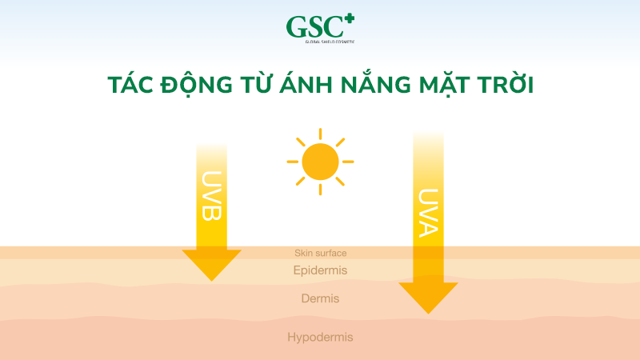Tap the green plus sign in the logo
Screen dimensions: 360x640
pos(348,17)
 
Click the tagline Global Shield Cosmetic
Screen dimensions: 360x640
pos(320,42)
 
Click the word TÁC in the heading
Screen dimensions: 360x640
pos(130,86)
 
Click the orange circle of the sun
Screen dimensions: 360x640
pos(320,162)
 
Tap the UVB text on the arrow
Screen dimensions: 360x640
pos(212,196)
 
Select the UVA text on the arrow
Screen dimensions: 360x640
pos(428,212)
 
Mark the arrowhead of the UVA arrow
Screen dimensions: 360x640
pos(428,297)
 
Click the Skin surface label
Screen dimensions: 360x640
pos(320,253)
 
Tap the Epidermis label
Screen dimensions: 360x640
pos(320,270)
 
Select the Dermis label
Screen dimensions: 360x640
pos(320,298)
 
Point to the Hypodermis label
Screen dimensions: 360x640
pos(320,338)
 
